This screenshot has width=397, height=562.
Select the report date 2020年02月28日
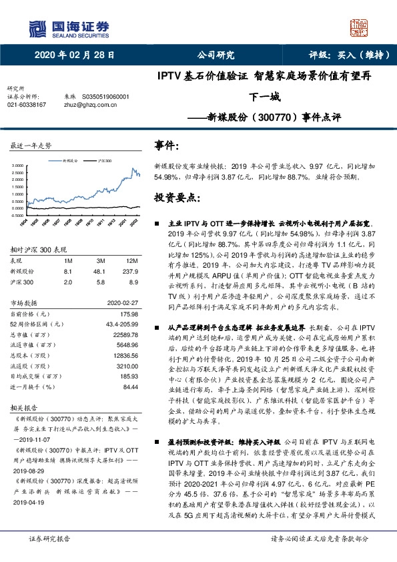pos(70,55)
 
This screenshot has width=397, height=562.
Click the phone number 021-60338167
pos(27,105)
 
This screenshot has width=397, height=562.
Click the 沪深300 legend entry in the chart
pos(101,161)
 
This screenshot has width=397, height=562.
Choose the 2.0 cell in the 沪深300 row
pos(69,282)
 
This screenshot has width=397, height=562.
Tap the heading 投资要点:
pos(176,198)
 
